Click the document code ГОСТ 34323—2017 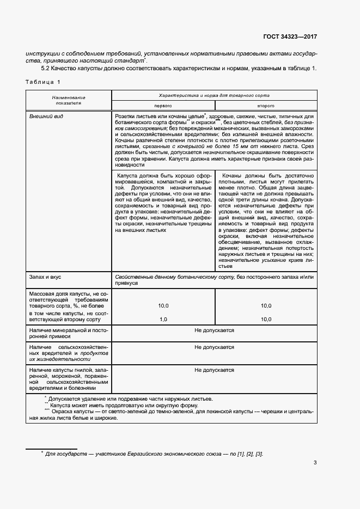[x=290, y=37]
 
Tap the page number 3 [x=315, y=463]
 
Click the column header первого [x=163, y=105]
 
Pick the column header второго [x=265, y=105]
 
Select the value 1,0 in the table [x=163, y=320]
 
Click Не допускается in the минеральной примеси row [x=214, y=330]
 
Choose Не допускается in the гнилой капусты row [x=214, y=370]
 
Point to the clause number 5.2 [x=46, y=68]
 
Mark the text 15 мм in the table [x=230, y=147]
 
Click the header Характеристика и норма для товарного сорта [x=213, y=94]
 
